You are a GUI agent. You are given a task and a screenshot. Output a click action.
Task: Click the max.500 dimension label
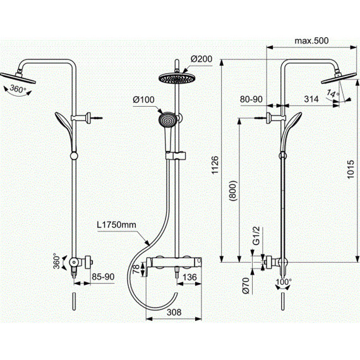[x=311, y=41]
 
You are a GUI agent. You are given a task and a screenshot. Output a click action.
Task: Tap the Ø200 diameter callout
[x=201, y=59]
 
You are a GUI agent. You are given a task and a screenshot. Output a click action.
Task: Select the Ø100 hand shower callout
[x=144, y=100]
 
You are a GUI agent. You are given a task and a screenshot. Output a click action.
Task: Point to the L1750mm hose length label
[x=116, y=225]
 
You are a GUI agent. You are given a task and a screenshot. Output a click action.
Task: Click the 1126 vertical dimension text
[x=215, y=165]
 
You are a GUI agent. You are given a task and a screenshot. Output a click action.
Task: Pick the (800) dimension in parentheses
[x=233, y=191]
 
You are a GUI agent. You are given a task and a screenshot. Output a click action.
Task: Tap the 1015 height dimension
[x=351, y=169]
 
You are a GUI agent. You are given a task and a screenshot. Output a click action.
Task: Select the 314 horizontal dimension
[x=311, y=99]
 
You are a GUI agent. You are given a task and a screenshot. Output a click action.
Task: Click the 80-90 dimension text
[x=251, y=99]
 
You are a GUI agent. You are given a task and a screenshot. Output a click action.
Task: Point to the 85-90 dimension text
[x=103, y=277]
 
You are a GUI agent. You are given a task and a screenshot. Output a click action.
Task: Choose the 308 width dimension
[x=174, y=312]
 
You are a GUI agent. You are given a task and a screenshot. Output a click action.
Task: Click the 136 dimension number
[x=190, y=277]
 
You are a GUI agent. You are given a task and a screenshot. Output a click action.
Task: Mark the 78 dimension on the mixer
[x=136, y=268]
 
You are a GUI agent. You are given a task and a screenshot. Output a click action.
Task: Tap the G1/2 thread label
[x=256, y=236]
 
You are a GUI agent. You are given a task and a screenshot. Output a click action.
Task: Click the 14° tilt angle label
[x=333, y=93]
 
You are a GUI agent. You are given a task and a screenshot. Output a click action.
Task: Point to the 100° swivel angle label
[x=284, y=282]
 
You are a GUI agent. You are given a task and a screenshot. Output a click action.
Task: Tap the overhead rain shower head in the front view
[x=176, y=78]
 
